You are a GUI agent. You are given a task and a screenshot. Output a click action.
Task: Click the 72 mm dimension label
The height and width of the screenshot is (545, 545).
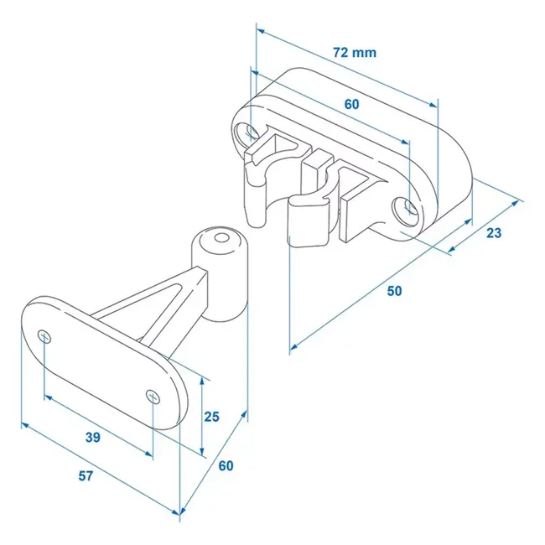(x=354, y=53)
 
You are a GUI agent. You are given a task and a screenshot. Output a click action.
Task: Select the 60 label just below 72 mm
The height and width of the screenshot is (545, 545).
(x=351, y=105)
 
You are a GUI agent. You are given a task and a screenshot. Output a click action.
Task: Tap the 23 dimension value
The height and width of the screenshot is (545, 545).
(x=494, y=233)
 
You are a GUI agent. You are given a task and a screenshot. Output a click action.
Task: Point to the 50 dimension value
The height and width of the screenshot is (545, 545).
(x=394, y=291)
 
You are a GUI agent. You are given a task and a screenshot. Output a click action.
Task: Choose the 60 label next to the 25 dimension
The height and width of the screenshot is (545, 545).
(x=225, y=467)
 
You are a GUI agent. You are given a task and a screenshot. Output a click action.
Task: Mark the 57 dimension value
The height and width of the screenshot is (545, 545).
(x=86, y=476)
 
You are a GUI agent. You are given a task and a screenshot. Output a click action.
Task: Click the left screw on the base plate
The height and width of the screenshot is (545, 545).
(x=45, y=336)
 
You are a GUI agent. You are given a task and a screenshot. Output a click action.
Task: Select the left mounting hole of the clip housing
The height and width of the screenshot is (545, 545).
(x=250, y=132)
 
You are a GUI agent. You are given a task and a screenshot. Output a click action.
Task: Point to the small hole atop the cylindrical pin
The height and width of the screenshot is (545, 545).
(x=221, y=240)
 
